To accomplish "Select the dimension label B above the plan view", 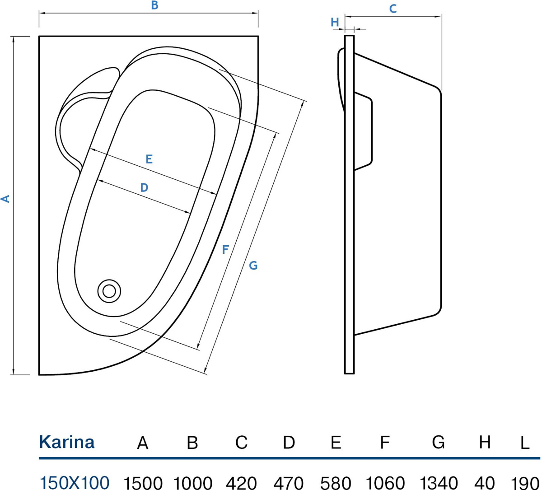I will (x=154, y=6).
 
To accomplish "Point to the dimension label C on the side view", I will (x=393, y=9).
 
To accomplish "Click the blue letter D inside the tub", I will (x=144, y=187).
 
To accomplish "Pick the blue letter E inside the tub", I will (x=149, y=159).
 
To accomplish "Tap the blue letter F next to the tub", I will (x=225, y=249).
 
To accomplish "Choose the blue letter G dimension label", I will (x=253, y=266).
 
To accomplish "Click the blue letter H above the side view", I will (x=335, y=22).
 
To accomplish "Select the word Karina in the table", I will (x=67, y=442).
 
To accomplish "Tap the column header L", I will (x=524, y=443).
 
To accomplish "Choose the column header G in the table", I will (x=438, y=442).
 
